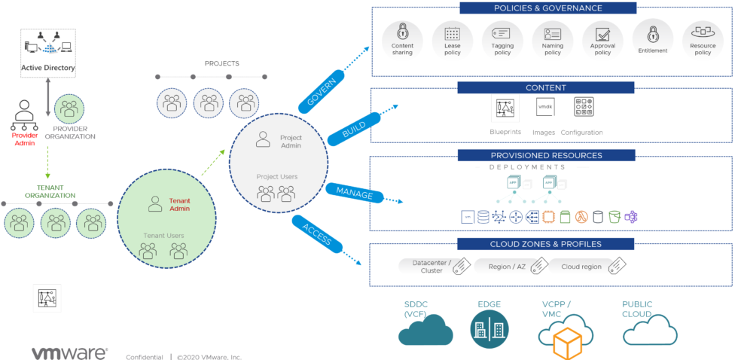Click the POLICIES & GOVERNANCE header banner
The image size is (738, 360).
[x=547, y=8]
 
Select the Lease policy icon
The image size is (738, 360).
[x=452, y=34]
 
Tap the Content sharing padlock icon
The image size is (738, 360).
[x=402, y=34]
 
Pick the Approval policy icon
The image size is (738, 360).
[x=602, y=34]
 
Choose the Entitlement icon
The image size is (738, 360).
[x=652, y=34]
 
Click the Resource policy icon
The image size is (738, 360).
[x=703, y=34]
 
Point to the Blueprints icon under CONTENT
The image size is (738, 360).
[x=505, y=109]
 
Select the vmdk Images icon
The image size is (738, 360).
[x=544, y=108]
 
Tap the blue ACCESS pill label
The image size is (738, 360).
[x=316, y=233]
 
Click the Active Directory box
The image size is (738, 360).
[x=47, y=53]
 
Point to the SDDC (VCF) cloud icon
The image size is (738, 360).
[x=425, y=330]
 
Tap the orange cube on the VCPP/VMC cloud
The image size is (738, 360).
[x=569, y=343]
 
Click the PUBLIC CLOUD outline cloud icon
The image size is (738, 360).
[x=649, y=330]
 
